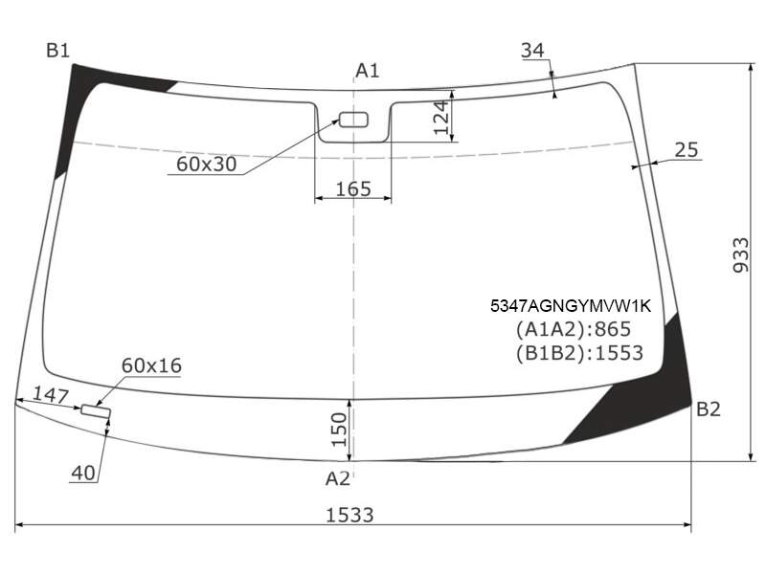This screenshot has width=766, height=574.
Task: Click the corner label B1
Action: (x=58, y=50)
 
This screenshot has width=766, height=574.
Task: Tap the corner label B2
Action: (x=709, y=409)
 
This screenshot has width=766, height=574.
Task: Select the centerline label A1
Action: (x=367, y=71)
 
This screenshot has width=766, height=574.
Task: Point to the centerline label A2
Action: (x=338, y=479)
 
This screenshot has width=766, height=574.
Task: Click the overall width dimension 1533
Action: (x=349, y=515)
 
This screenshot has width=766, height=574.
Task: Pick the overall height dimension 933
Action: (x=741, y=255)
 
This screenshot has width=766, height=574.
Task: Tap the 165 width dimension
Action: (x=353, y=188)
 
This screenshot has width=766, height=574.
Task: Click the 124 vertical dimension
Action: (x=441, y=117)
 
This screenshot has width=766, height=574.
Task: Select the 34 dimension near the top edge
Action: (x=532, y=50)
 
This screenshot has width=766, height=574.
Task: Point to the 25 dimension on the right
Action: (x=687, y=150)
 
